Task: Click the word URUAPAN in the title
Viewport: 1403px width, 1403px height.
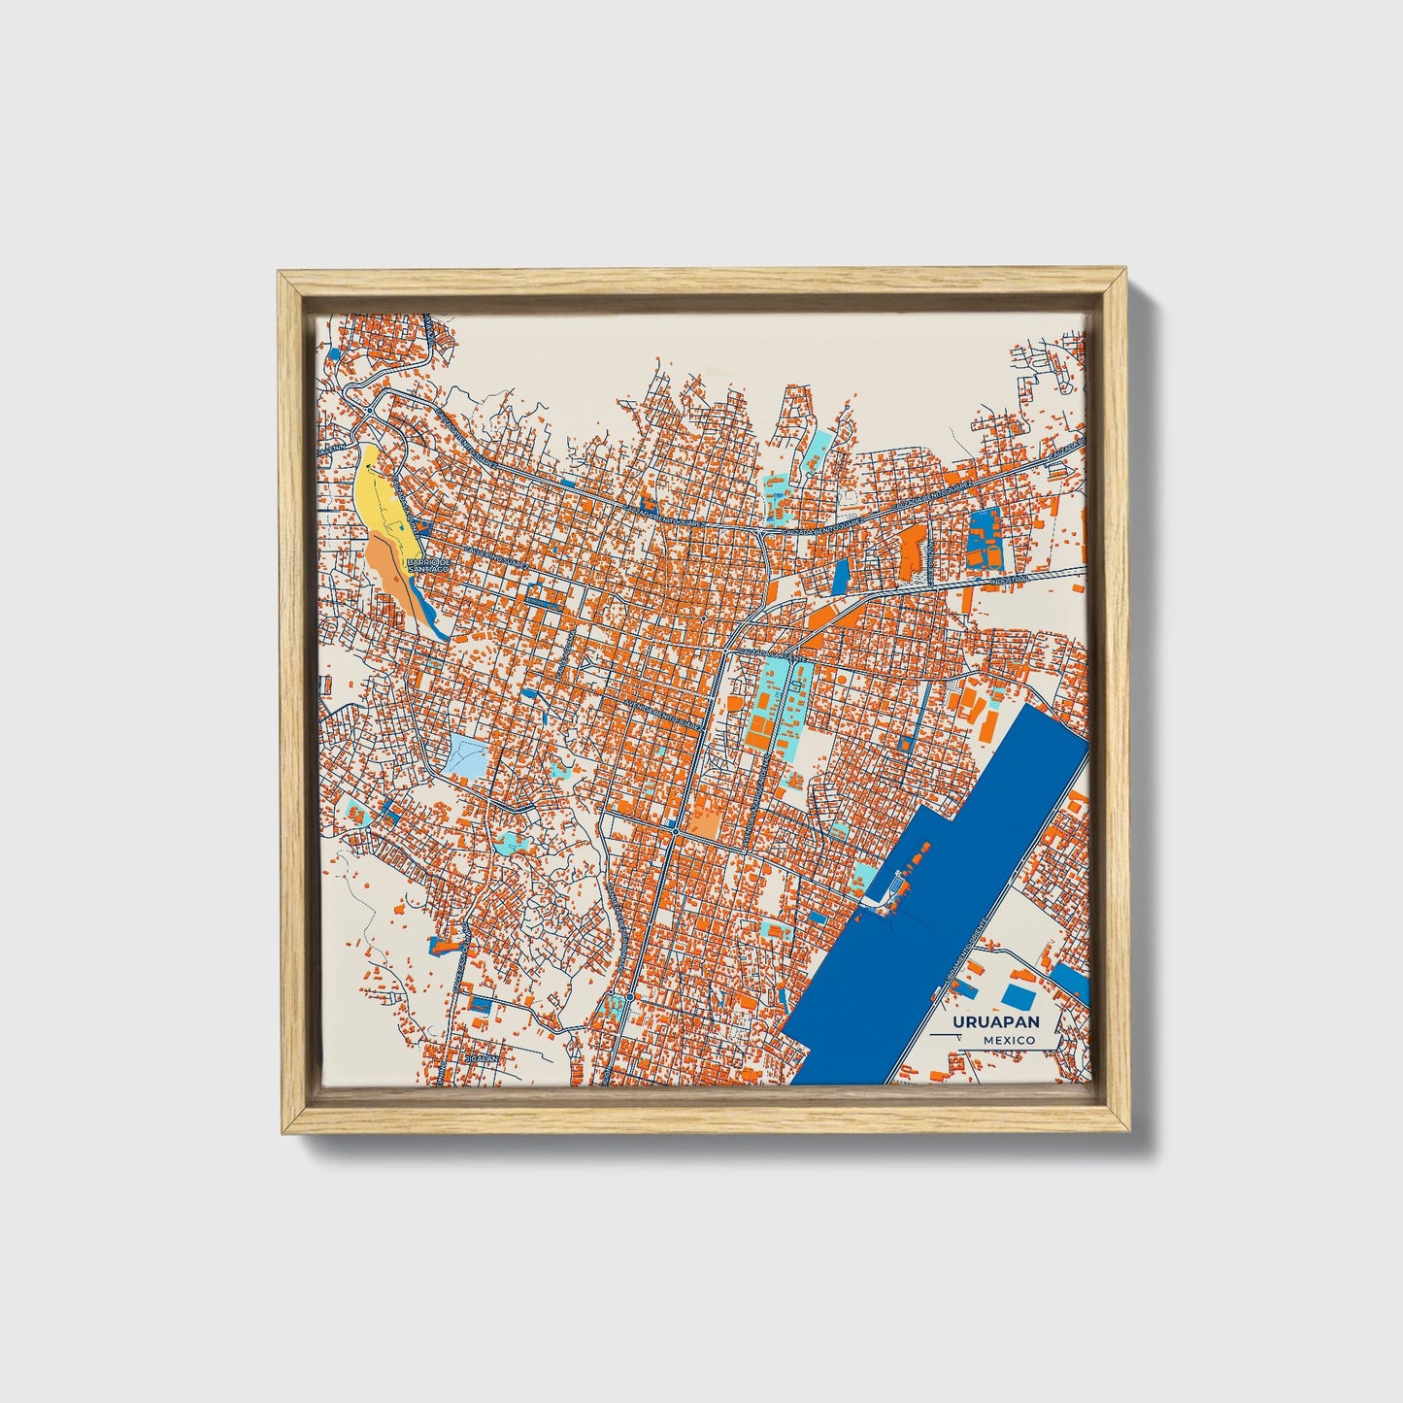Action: [996, 1022]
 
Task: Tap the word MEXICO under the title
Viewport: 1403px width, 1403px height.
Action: [1008, 1040]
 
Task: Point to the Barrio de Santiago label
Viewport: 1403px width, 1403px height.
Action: [428, 564]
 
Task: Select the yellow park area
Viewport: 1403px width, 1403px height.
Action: [380, 495]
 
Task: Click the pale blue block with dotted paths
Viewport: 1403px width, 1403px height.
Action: [468, 755]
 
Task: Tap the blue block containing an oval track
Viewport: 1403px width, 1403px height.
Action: [985, 537]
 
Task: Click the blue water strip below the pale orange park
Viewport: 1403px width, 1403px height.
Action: [435, 621]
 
